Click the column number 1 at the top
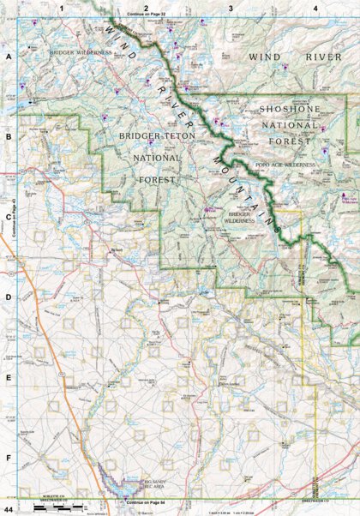(61, 8)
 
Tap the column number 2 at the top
(147, 8)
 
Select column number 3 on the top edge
(231, 8)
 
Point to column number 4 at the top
(315, 8)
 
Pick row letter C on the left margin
(9, 217)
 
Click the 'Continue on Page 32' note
(147, 15)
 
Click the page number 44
(8, 510)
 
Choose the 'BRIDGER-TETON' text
(151, 136)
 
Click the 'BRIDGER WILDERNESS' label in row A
(81, 52)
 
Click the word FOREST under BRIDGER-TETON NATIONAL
(159, 180)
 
